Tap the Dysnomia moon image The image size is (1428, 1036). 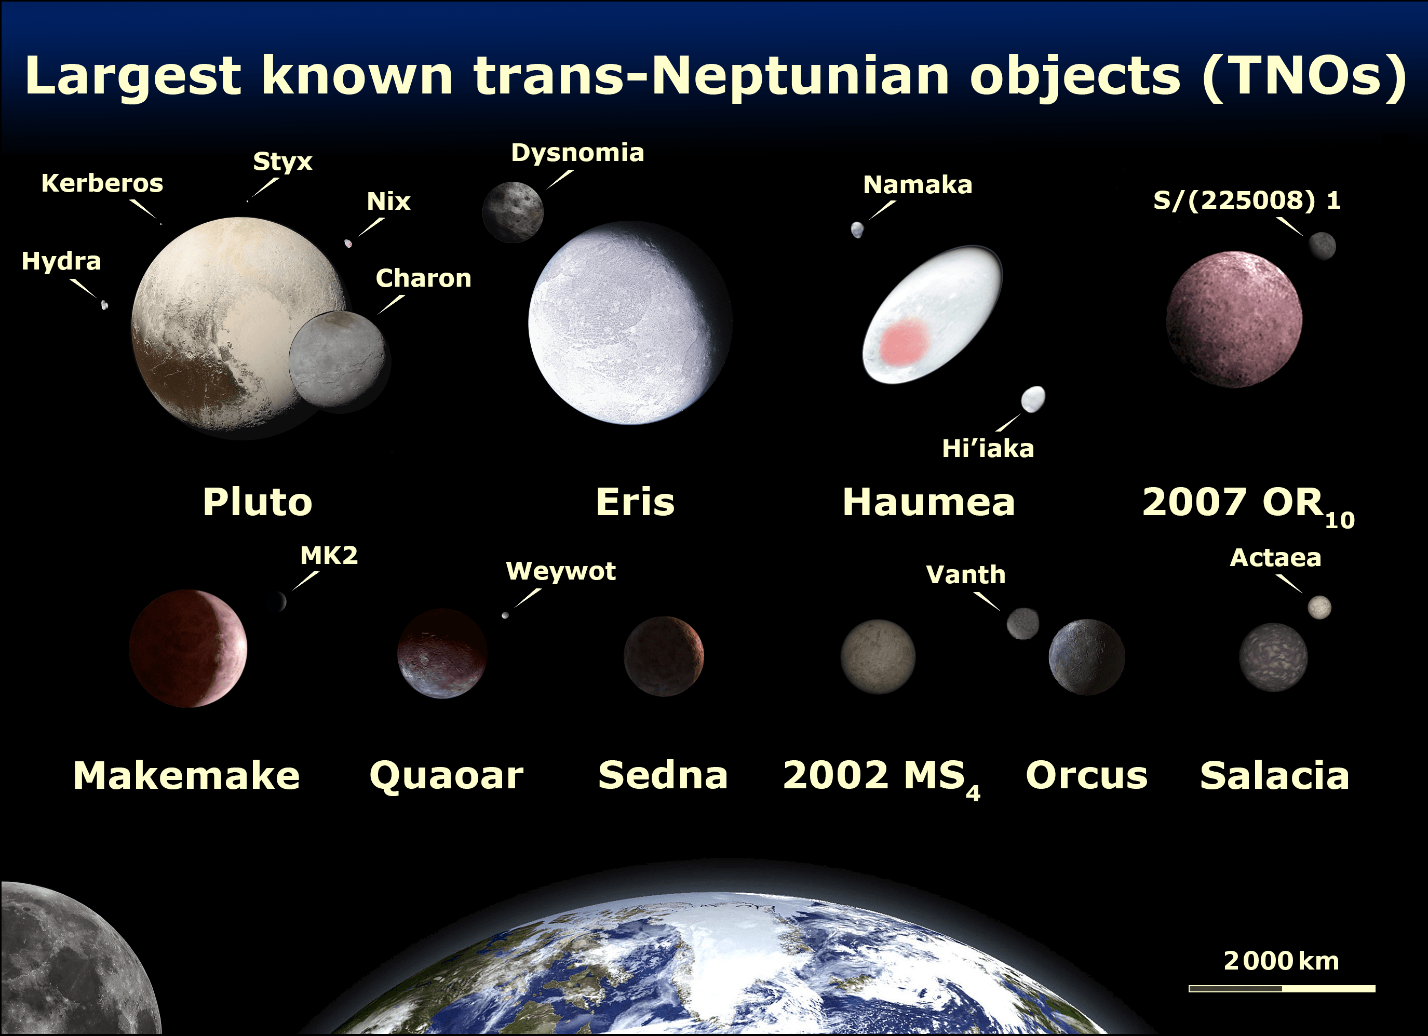tap(513, 212)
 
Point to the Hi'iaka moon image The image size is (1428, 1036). tap(1033, 399)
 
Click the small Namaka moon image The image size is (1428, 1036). tap(857, 230)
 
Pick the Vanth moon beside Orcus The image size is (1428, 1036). tap(1022, 624)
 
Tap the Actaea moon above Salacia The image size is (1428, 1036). tap(1319, 607)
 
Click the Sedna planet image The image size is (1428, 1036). tap(664, 656)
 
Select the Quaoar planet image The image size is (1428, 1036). tap(442, 653)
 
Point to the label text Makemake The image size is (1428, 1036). tap(186, 775)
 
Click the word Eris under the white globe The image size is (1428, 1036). tap(635, 502)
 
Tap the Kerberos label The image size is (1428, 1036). tap(102, 183)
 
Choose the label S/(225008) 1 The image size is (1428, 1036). tap(1247, 200)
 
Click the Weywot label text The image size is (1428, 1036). tap(561, 571)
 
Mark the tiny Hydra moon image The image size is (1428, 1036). tap(104, 305)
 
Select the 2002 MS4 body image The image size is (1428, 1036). tap(878, 657)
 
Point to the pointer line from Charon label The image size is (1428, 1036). tap(390, 304)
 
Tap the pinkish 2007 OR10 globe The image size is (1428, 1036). tap(1234, 319)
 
